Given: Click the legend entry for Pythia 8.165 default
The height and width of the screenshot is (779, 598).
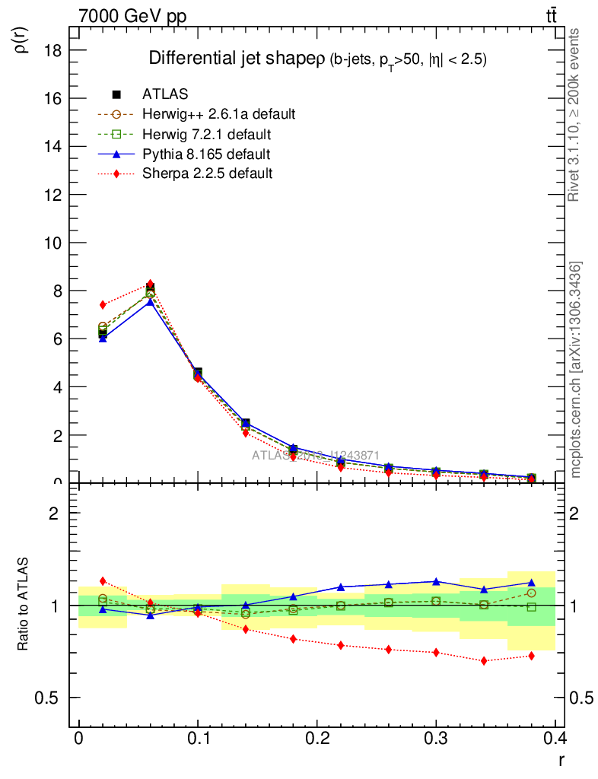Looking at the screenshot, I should (205, 154).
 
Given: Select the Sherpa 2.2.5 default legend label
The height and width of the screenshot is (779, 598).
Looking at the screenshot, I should (207, 173).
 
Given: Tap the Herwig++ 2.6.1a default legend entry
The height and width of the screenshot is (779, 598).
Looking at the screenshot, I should (218, 114).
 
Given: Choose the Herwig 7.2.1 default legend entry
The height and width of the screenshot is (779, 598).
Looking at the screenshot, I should (206, 135).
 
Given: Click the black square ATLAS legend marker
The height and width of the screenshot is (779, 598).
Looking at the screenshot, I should (116, 94).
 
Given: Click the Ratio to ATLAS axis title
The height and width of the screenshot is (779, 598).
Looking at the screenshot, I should (24, 604).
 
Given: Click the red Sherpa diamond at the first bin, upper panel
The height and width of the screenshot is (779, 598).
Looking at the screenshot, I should (103, 304).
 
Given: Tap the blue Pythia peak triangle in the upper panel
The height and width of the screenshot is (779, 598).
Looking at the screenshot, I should (151, 301).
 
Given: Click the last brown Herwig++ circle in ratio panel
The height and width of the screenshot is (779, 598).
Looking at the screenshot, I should (531, 593).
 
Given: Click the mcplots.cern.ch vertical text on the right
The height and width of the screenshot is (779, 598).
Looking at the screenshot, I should (577, 370).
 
